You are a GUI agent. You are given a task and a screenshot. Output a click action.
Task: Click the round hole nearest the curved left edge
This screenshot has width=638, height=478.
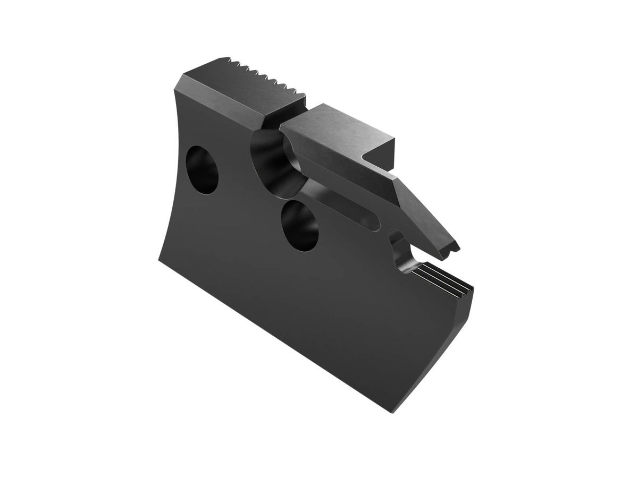pyautogui.click(x=202, y=169)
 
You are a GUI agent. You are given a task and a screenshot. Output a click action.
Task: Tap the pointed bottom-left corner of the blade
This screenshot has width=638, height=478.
pyautogui.click(x=159, y=259)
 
